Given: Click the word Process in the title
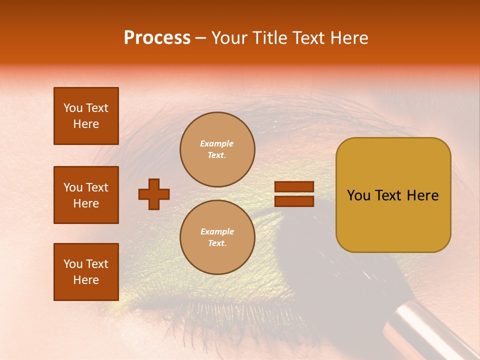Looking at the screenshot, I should pos(157,38).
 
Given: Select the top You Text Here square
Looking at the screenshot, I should pos(86,116).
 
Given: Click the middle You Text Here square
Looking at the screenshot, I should pos(86,195).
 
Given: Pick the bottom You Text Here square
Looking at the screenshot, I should pos(86,272).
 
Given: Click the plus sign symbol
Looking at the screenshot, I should pos(154,194).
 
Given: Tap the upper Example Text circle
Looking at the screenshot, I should pos(217,149).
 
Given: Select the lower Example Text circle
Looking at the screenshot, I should pos(217,237).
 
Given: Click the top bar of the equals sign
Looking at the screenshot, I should pos(294,186).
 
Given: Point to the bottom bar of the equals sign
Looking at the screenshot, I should pos(294,201).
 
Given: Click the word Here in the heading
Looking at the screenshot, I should pos(349,38).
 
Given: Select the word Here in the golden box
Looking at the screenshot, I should pos(422,195).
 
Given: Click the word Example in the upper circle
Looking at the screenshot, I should pos(217,143).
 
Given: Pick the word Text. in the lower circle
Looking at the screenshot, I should pos(217,243).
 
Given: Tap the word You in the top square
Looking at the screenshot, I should pos(73,108).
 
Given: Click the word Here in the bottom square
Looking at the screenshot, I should pos(86,280).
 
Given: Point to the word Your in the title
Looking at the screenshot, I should pos(227,38).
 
